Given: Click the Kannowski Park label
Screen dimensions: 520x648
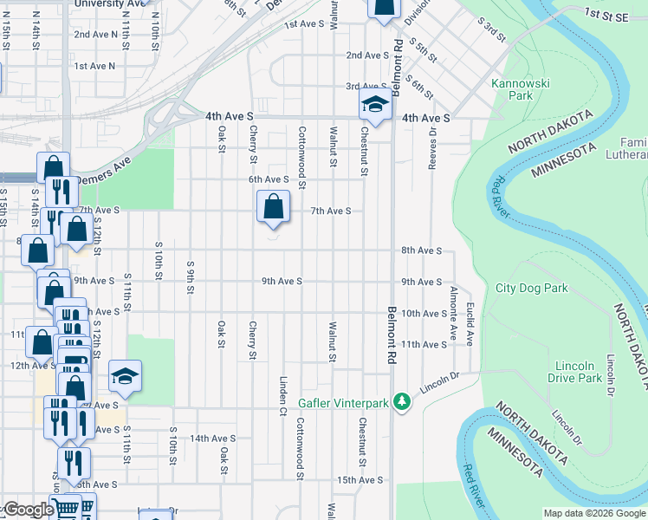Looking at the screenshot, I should pyautogui.click(x=512, y=90).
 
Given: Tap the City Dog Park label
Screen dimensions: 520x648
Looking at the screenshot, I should pyautogui.click(x=530, y=288).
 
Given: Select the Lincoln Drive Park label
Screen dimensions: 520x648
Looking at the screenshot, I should pyautogui.click(x=575, y=372).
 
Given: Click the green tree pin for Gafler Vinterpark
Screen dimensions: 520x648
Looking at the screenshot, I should pyautogui.click(x=401, y=402).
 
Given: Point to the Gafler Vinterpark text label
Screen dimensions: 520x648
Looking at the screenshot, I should pyautogui.click(x=341, y=403).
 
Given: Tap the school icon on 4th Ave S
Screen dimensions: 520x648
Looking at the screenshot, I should pyautogui.click(x=374, y=106).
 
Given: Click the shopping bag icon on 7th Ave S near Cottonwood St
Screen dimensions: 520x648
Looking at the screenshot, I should pyautogui.click(x=272, y=207).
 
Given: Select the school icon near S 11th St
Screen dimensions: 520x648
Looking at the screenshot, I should pyautogui.click(x=126, y=376).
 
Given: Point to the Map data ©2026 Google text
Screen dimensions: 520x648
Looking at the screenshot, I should pyautogui.click(x=593, y=513).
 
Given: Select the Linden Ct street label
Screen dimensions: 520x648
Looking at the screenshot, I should pyautogui.click(x=282, y=395).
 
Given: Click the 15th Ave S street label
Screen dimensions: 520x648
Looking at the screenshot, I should pyautogui.click(x=360, y=479).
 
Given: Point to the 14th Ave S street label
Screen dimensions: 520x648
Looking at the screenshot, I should pyautogui.click(x=212, y=439).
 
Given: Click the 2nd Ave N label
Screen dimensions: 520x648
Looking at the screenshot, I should pyautogui.click(x=94, y=34).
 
